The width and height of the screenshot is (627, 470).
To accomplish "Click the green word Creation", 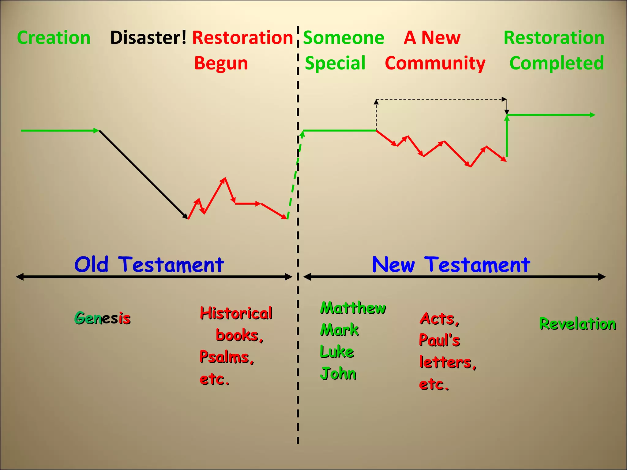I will pos(54,38).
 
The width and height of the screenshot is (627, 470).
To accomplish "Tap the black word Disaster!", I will pos(148,38).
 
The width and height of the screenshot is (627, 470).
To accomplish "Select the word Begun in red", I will pos(221,63).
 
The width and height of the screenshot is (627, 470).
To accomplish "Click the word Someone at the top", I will pos(344,38).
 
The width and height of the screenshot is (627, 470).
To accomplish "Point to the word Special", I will pos(335,63).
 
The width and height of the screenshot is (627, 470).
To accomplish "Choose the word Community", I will pos(435,63).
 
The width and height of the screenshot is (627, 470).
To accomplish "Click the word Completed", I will pos(557,63).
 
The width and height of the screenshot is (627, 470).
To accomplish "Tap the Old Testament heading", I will pos(149,265).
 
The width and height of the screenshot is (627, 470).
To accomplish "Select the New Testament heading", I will pos(451,265).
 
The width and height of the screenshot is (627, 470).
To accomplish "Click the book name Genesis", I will pos(103,318).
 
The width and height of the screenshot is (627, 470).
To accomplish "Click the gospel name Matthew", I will pos(353,308).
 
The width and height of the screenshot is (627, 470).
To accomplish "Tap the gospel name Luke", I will pos(337,352).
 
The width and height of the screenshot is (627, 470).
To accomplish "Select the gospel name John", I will pos(338,374).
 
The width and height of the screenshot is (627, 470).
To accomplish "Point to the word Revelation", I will pos(578,324).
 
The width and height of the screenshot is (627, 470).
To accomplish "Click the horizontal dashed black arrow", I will pos(441,99).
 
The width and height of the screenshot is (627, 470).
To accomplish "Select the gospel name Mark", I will pos(339,330).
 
